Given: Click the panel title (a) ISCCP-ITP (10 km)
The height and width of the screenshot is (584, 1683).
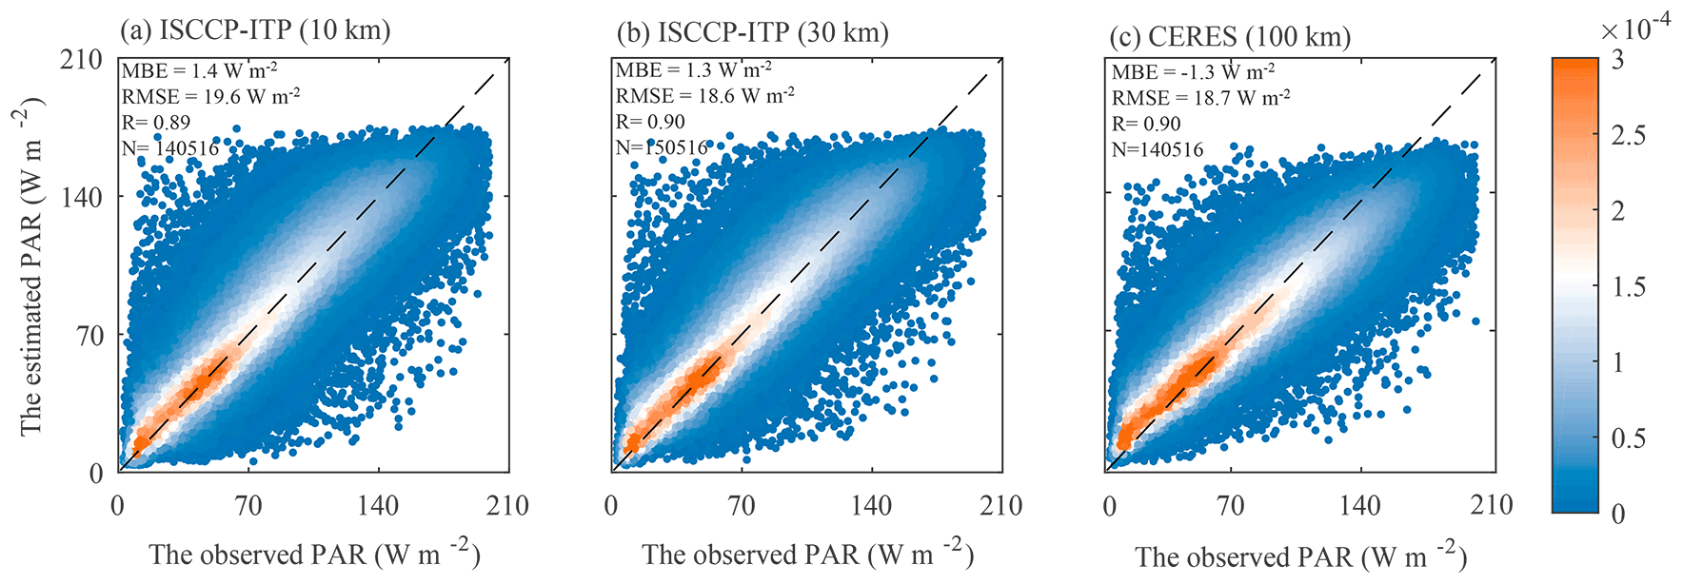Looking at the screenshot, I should [255, 30].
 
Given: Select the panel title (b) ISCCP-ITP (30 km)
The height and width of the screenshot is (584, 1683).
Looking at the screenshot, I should [752, 32].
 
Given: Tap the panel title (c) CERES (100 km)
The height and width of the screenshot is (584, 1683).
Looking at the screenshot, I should [1230, 37].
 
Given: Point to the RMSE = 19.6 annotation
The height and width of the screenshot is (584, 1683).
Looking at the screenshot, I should [210, 96].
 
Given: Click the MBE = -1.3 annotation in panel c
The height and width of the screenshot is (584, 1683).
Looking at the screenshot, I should [1193, 72].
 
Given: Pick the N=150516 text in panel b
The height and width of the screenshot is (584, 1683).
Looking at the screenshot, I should [661, 147].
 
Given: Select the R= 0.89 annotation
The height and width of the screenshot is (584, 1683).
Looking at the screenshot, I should [156, 122].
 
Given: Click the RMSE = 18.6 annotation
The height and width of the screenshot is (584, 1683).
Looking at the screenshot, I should [704, 96].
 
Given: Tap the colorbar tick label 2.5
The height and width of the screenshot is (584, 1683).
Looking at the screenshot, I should [1628, 135].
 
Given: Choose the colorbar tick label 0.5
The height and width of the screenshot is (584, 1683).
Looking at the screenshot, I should [1628, 438].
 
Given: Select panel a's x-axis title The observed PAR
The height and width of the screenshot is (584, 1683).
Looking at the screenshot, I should [313, 555].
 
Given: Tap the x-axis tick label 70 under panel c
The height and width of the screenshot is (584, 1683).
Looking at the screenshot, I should [1230, 505].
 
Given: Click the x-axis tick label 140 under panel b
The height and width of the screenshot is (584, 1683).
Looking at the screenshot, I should [871, 505].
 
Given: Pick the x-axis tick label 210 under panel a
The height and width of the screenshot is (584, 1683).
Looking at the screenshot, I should [507, 505].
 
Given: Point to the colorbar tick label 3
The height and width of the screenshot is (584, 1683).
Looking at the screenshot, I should [1617, 59].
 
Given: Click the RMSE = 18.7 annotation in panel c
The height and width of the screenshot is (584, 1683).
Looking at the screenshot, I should [1200, 98].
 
